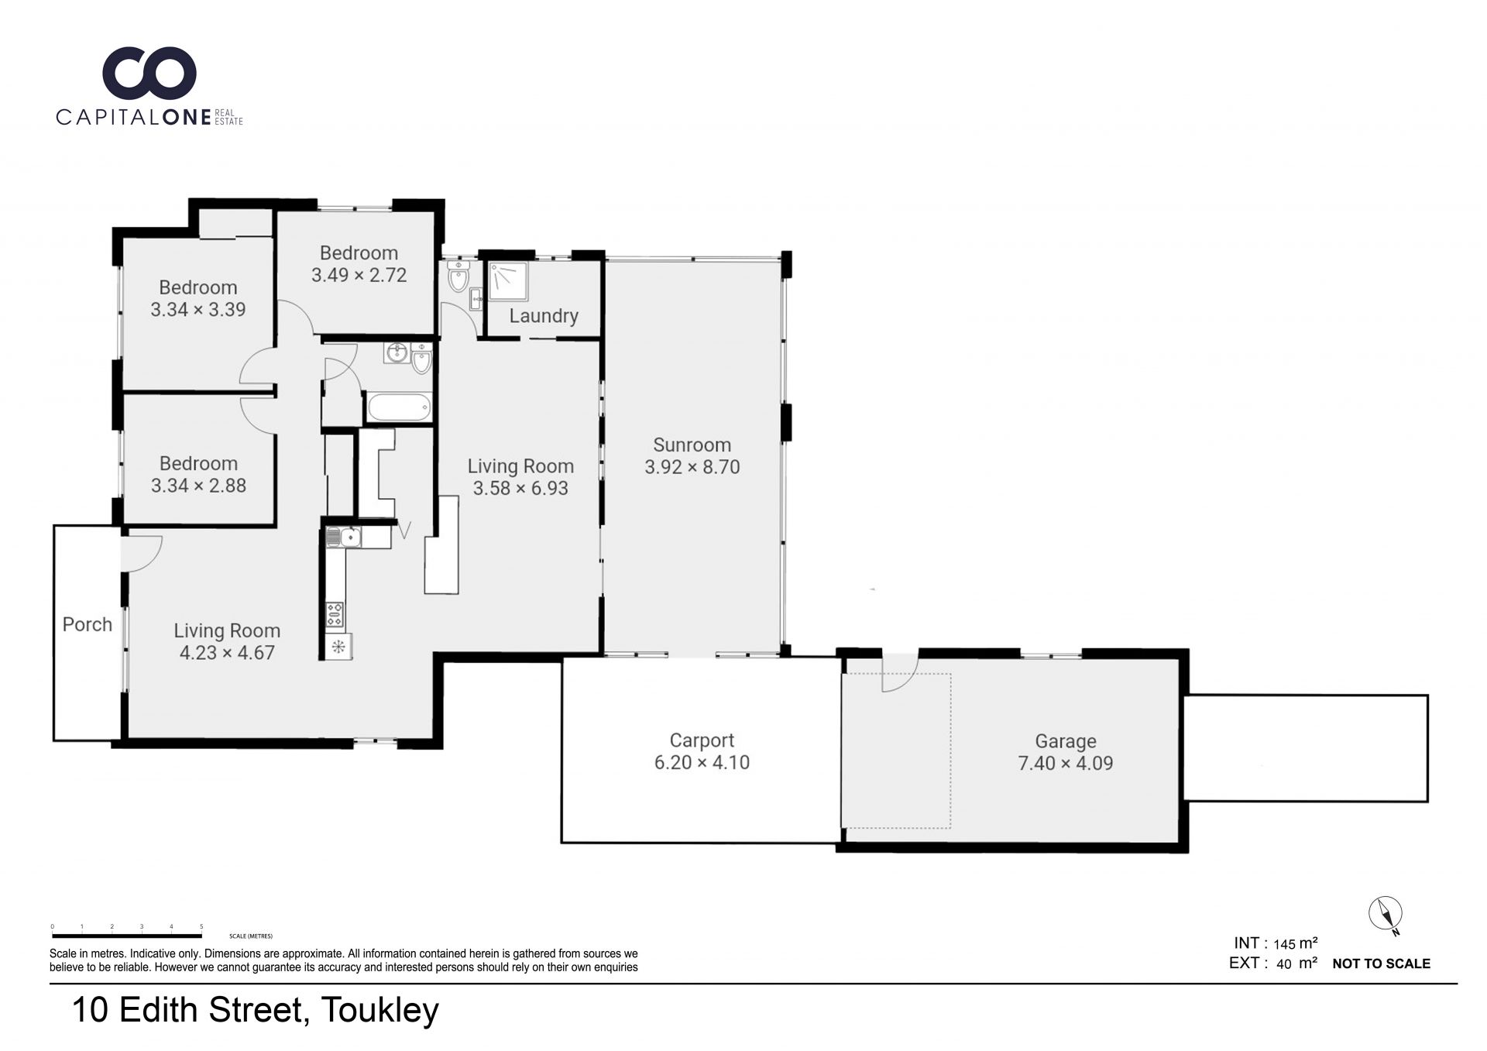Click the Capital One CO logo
[149, 74]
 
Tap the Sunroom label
[692, 445]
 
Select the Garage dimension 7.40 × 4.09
[1065, 763]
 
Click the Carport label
[702, 741]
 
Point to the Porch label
[88, 624]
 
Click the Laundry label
[544, 316]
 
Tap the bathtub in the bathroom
[398, 407]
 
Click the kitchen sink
[344, 537]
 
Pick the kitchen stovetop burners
[335, 614]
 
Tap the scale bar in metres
[127, 936]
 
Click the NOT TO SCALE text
[1381, 963]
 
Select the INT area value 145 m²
[1295, 943]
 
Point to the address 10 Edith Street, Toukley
[256, 1010]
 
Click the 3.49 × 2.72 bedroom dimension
[359, 275]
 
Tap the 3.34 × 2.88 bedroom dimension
[198, 486]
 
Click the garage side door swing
[900, 673]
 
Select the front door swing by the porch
[141, 553]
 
